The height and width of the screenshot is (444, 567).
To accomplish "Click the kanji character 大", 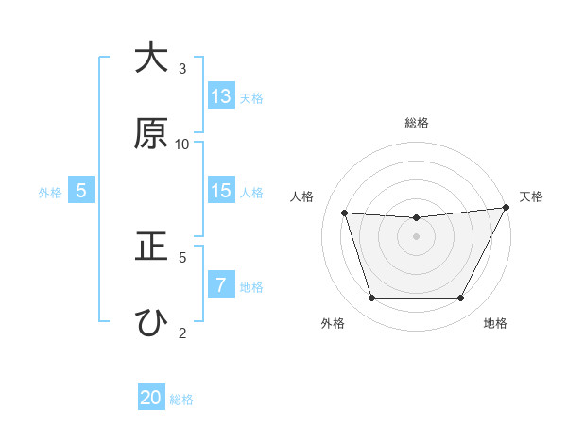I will (151, 59).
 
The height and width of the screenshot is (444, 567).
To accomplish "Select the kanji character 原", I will (151, 134).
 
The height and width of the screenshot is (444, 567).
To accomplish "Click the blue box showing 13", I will (221, 96).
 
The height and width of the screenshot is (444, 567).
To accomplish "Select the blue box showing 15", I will (221, 191).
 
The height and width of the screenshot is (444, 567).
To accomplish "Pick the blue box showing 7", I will (221, 284).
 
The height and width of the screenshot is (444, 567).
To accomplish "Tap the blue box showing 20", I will (151, 398).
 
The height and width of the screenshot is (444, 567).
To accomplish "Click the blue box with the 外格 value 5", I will (81, 191).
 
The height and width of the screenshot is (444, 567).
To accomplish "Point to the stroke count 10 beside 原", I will (182, 144).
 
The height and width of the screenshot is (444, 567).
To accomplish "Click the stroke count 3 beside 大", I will (182, 68).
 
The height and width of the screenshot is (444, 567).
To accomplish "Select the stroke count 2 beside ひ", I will (182, 332).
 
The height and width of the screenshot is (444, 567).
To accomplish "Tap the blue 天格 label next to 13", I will (251, 97).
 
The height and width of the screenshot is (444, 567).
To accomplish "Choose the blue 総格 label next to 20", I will (181, 399).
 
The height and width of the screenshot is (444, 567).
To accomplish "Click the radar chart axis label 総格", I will (416, 123).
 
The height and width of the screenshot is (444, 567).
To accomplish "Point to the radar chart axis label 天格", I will (531, 196).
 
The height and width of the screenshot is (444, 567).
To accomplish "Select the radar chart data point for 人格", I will (345, 213).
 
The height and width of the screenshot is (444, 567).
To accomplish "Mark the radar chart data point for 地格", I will (460, 299).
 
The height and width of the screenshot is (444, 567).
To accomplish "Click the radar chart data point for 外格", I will (371, 299).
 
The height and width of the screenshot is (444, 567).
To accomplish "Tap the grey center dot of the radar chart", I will (416, 236).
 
